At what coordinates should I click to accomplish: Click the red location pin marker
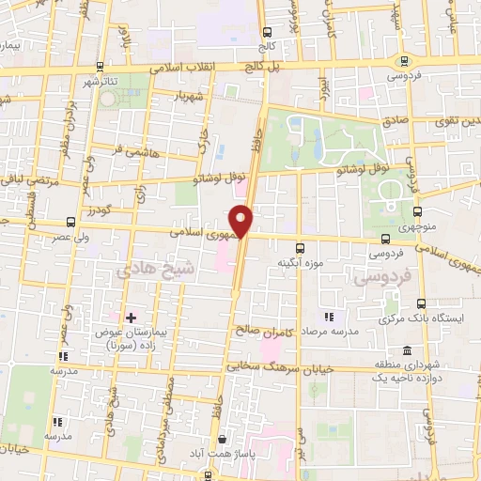click(x=242, y=220)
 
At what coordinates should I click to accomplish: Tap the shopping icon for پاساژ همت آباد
click(x=222, y=439)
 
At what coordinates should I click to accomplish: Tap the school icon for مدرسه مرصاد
click(x=328, y=317)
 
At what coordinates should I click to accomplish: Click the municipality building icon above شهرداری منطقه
click(x=406, y=349)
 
